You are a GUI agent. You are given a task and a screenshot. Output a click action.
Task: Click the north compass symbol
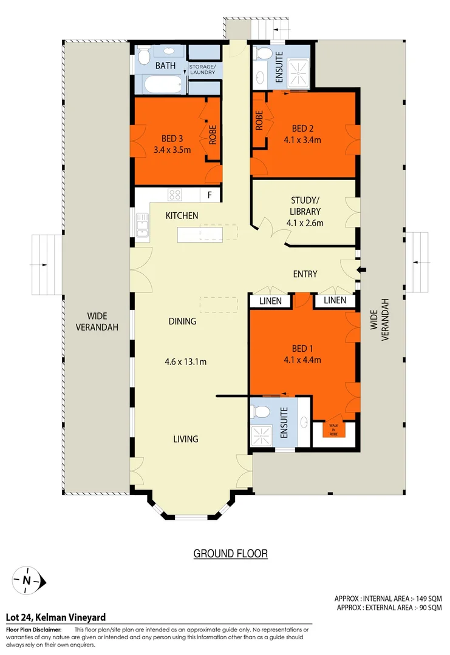(27, 580)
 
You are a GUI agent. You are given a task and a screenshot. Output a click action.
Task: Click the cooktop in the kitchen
(175, 195)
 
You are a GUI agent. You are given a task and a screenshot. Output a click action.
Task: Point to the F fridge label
(210, 195)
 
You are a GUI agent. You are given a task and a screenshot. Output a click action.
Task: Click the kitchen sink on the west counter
(141, 226)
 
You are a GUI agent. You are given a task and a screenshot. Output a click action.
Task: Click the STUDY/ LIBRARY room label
(304, 206)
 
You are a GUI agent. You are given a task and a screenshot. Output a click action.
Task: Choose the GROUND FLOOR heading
(230, 553)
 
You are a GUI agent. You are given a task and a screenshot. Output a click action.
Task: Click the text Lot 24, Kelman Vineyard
(55, 617)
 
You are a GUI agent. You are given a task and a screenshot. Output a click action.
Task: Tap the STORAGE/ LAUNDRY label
(205, 69)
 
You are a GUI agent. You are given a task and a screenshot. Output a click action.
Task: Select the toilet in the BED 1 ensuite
(262, 412)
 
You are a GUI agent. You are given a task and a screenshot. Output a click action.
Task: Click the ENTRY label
(305, 274)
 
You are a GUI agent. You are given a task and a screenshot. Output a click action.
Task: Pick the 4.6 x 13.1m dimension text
(186, 362)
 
